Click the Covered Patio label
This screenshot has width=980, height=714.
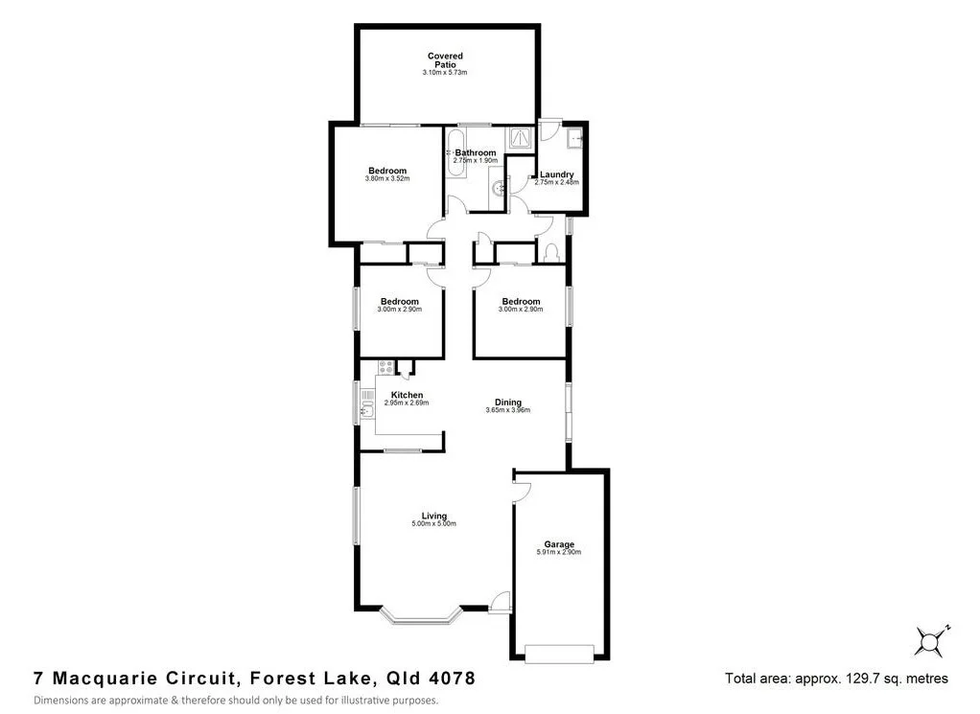(445, 60)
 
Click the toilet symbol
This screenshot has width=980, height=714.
(551, 254)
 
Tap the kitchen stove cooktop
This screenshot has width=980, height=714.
(385, 366)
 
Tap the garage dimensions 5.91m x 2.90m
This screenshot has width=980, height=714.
(560, 553)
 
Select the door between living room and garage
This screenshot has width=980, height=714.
(522, 490)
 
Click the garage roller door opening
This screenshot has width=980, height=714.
(560, 655)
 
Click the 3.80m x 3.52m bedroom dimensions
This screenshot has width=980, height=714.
(387, 179)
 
